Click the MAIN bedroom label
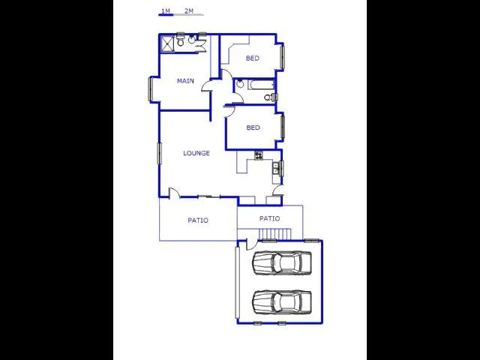[185, 81]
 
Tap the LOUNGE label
[196, 153]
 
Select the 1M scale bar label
[166, 11]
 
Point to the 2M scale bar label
[189, 11]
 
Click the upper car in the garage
[282, 262]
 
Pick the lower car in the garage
[282, 302]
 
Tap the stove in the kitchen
[259, 155]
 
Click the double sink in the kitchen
[276, 169]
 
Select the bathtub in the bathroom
[260, 85]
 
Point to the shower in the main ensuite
[167, 43]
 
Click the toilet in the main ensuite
[180, 41]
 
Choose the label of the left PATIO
[198, 220]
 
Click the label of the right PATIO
[269, 218]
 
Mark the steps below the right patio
[275, 234]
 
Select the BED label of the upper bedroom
[253, 58]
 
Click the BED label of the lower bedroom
[253, 127]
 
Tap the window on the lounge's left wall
[159, 153]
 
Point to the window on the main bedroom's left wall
[150, 88]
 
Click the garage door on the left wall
[237, 283]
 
